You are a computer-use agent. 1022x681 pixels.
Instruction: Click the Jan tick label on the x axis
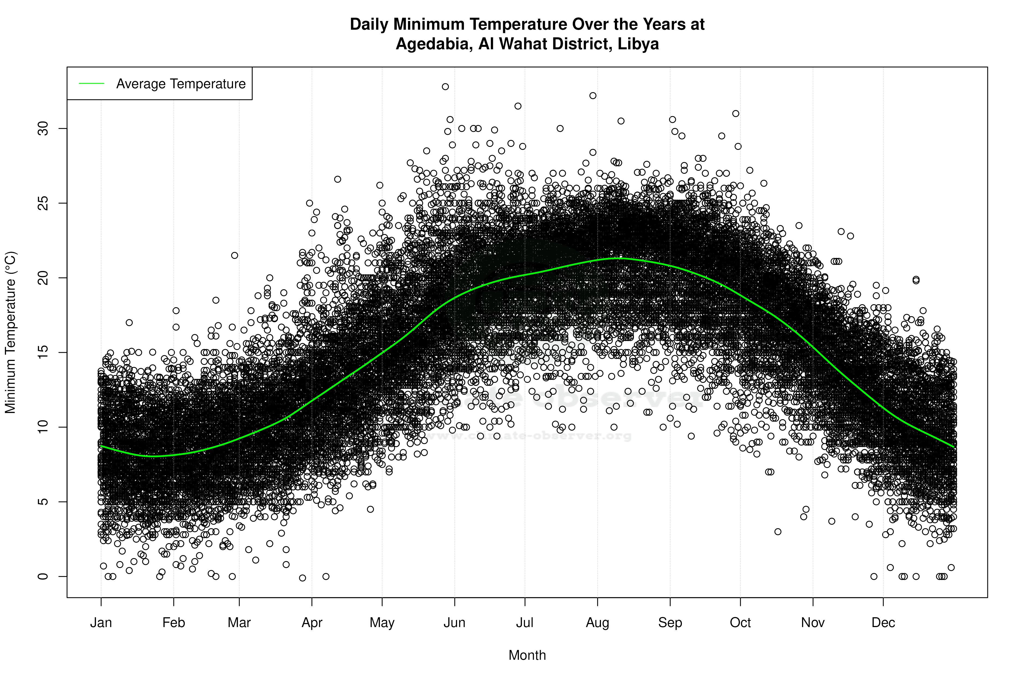click(101, 623)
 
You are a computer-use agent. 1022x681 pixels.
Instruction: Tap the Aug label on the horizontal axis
click(597, 623)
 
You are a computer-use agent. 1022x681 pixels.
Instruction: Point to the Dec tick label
click(883, 623)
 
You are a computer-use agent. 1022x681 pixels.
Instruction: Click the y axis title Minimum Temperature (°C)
click(10, 332)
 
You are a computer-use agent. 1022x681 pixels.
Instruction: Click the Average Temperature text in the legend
click(181, 84)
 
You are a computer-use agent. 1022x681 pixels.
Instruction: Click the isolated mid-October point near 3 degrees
click(778, 532)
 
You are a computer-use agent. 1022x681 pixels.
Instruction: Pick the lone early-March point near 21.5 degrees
click(235, 256)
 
